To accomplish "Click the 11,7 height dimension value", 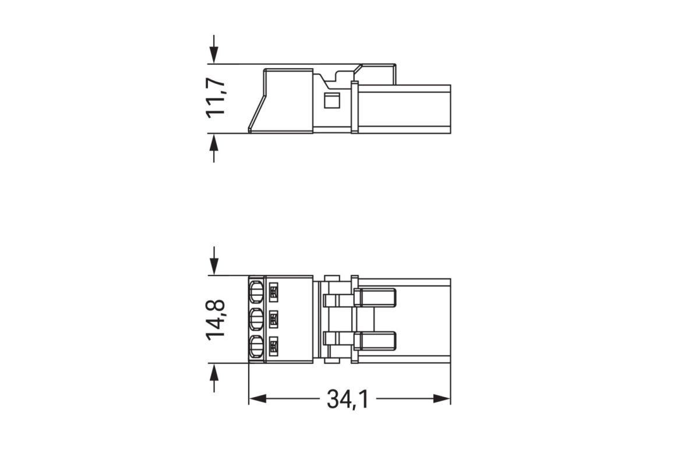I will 216,98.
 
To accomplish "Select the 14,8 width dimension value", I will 216,319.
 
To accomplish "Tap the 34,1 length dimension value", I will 347,399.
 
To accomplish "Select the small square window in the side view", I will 331,100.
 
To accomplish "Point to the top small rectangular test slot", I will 274,292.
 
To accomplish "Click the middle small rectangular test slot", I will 274,319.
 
